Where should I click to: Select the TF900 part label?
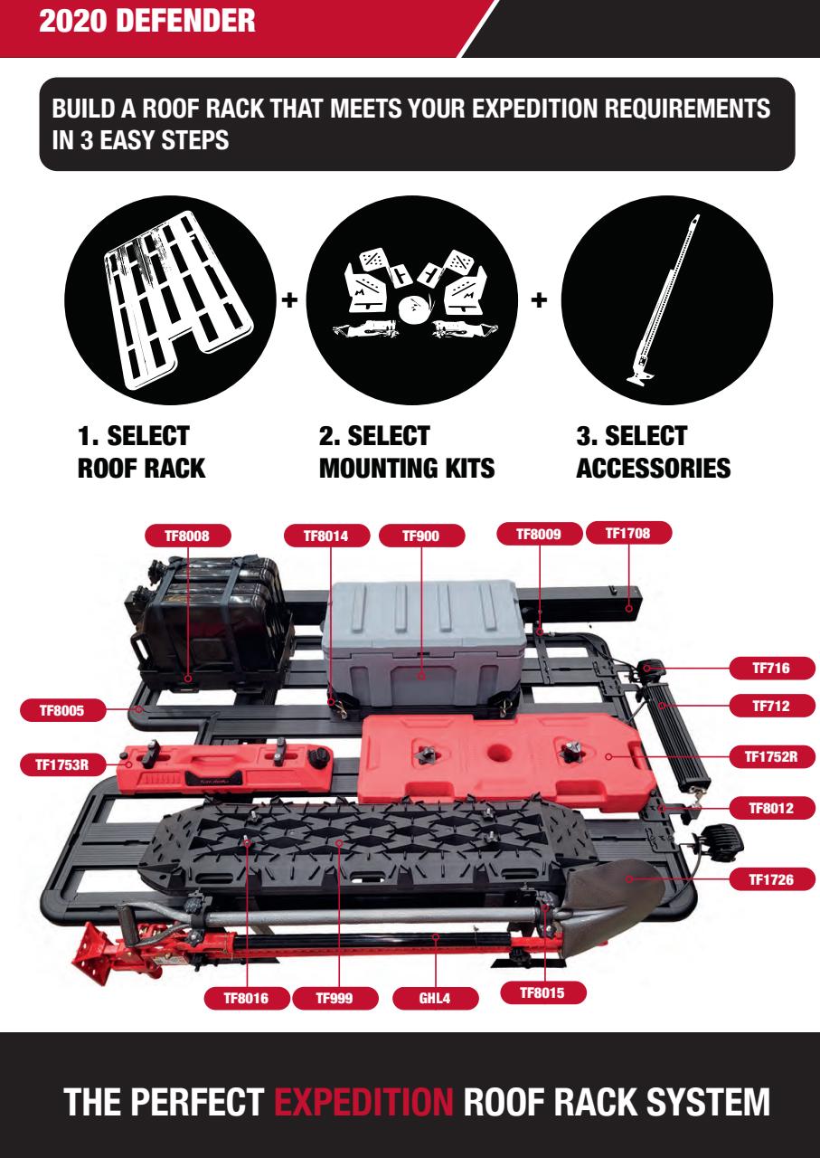(x=419, y=536)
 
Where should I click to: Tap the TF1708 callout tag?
(x=630, y=535)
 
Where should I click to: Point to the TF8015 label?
(x=543, y=992)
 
